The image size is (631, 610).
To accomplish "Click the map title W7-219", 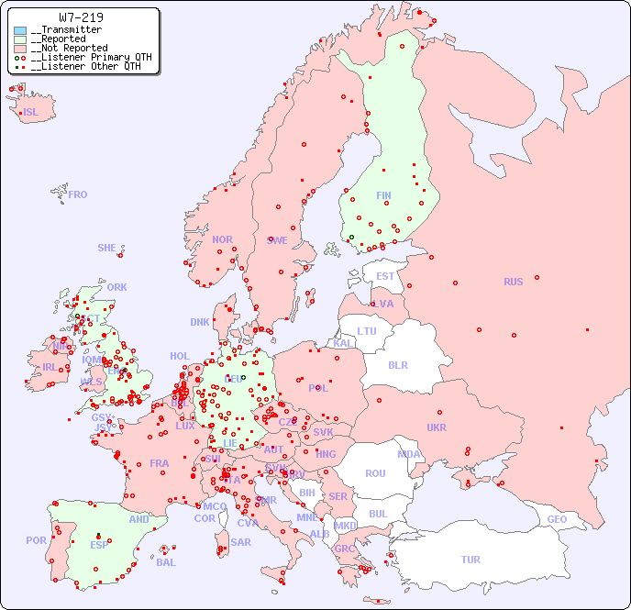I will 81,17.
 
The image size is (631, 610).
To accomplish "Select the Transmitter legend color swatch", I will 20,30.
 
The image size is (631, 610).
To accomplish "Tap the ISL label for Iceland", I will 31,113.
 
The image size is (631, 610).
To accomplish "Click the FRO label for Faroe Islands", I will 78,194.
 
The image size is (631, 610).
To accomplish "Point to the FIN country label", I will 383,195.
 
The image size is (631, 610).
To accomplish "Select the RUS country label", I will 513,282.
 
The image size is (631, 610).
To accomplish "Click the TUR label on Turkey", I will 470,560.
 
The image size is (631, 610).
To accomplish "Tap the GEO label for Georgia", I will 557,519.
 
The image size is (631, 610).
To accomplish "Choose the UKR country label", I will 437,427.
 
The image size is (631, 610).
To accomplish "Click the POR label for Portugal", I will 36,540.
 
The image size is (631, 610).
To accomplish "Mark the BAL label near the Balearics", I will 166,562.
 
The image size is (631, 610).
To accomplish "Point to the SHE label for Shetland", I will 107,248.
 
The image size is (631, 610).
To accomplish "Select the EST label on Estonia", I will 385,276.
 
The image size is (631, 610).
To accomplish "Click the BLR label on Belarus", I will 398,364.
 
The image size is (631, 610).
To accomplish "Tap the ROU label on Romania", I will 375,473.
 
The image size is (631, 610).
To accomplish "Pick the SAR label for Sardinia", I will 241,542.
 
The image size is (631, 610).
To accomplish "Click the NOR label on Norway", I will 222,239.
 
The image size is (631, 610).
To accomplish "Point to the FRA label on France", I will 160,463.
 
